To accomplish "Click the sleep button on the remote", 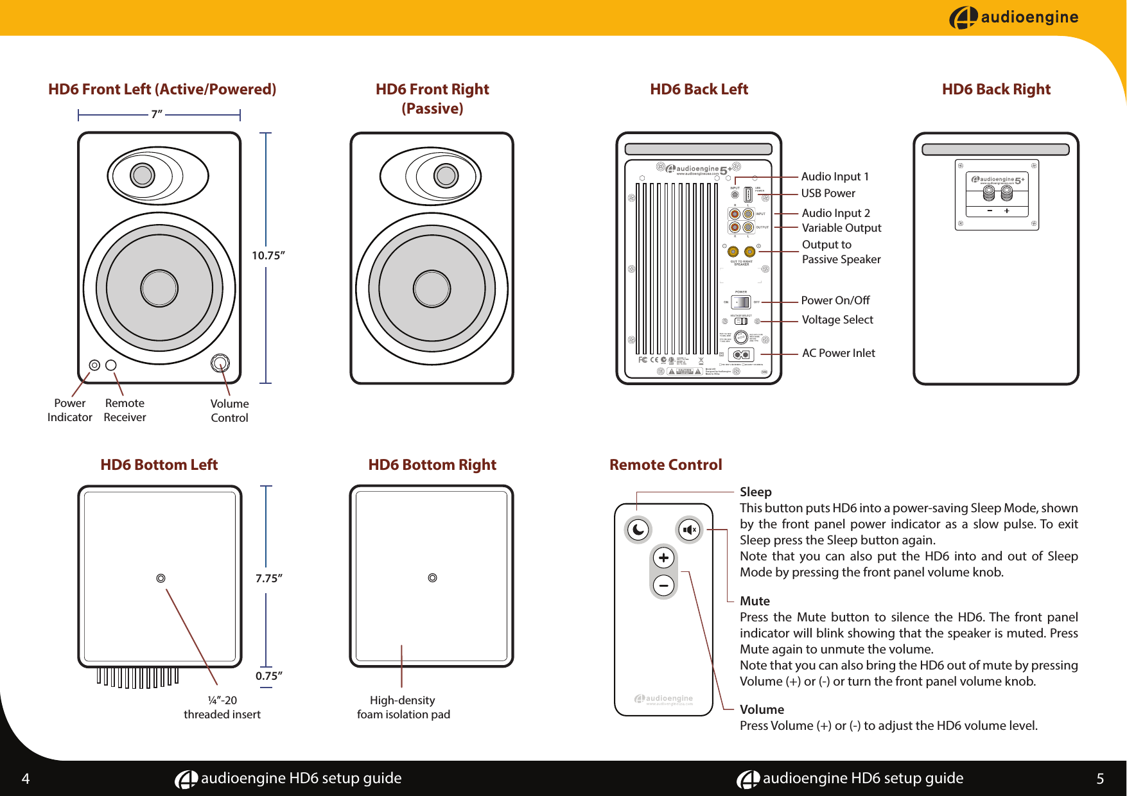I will [638, 530].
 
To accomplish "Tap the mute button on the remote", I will [690, 530].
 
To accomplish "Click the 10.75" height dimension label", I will [268, 255].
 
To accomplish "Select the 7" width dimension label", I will [157, 114].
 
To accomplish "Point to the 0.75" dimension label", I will [268, 675].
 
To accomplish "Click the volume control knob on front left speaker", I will [220, 363].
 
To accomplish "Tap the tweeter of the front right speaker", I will [445, 175].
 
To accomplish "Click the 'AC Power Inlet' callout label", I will [838, 353].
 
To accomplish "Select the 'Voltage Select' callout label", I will [837, 320].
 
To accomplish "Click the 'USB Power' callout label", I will [828, 193].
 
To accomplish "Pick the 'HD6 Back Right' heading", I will [995, 89].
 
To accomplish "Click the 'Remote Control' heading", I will [665, 465].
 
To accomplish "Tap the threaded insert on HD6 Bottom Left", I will [161, 578].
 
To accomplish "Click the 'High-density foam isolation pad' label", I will [403, 707].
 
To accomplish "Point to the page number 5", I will [1099, 779].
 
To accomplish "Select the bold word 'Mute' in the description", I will [755, 601].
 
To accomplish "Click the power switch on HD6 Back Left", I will [741, 302].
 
